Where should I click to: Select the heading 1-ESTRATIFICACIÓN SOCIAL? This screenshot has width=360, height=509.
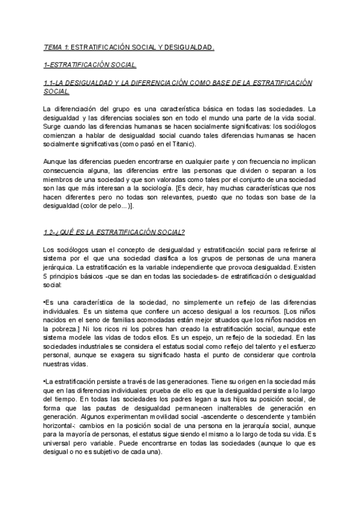pyautogui.click(x=90, y=64)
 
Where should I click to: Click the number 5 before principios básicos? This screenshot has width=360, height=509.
pyautogui.click(x=45, y=276)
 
